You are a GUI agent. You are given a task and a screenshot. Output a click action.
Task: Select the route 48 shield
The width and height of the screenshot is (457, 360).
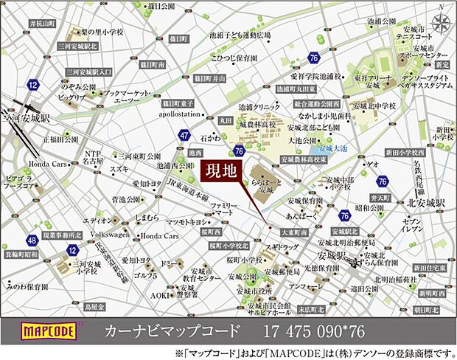(31, 240)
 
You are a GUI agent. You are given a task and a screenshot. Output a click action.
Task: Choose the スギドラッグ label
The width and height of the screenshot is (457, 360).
(283, 247)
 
